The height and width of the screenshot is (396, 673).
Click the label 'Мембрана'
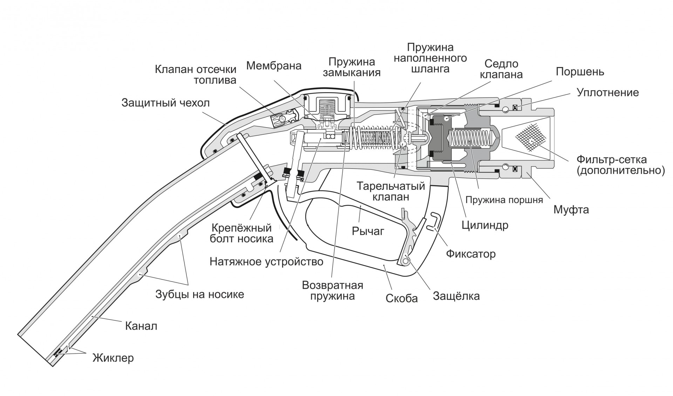click(x=273, y=66)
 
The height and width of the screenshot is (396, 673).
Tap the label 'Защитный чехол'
click(x=165, y=103)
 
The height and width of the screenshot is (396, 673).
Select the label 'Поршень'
click(x=580, y=72)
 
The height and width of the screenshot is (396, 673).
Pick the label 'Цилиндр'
click(x=485, y=225)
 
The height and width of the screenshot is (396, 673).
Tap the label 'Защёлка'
click(x=456, y=296)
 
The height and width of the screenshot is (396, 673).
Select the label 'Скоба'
click(x=401, y=298)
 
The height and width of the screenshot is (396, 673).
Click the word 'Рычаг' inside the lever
click(x=368, y=231)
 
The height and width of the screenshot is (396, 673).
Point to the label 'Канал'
click(x=141, y=326)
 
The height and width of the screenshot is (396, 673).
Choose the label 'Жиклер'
click(x=113, y=358)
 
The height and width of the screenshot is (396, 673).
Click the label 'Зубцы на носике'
click(x=199, y=294)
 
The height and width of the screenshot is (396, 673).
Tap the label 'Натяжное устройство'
click(x=266, y=262)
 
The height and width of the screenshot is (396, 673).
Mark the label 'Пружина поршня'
click(x=504, y=200)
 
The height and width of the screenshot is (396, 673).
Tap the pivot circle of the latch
click(x=406, y=261)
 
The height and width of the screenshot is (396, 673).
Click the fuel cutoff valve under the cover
click(x=283, y=118)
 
